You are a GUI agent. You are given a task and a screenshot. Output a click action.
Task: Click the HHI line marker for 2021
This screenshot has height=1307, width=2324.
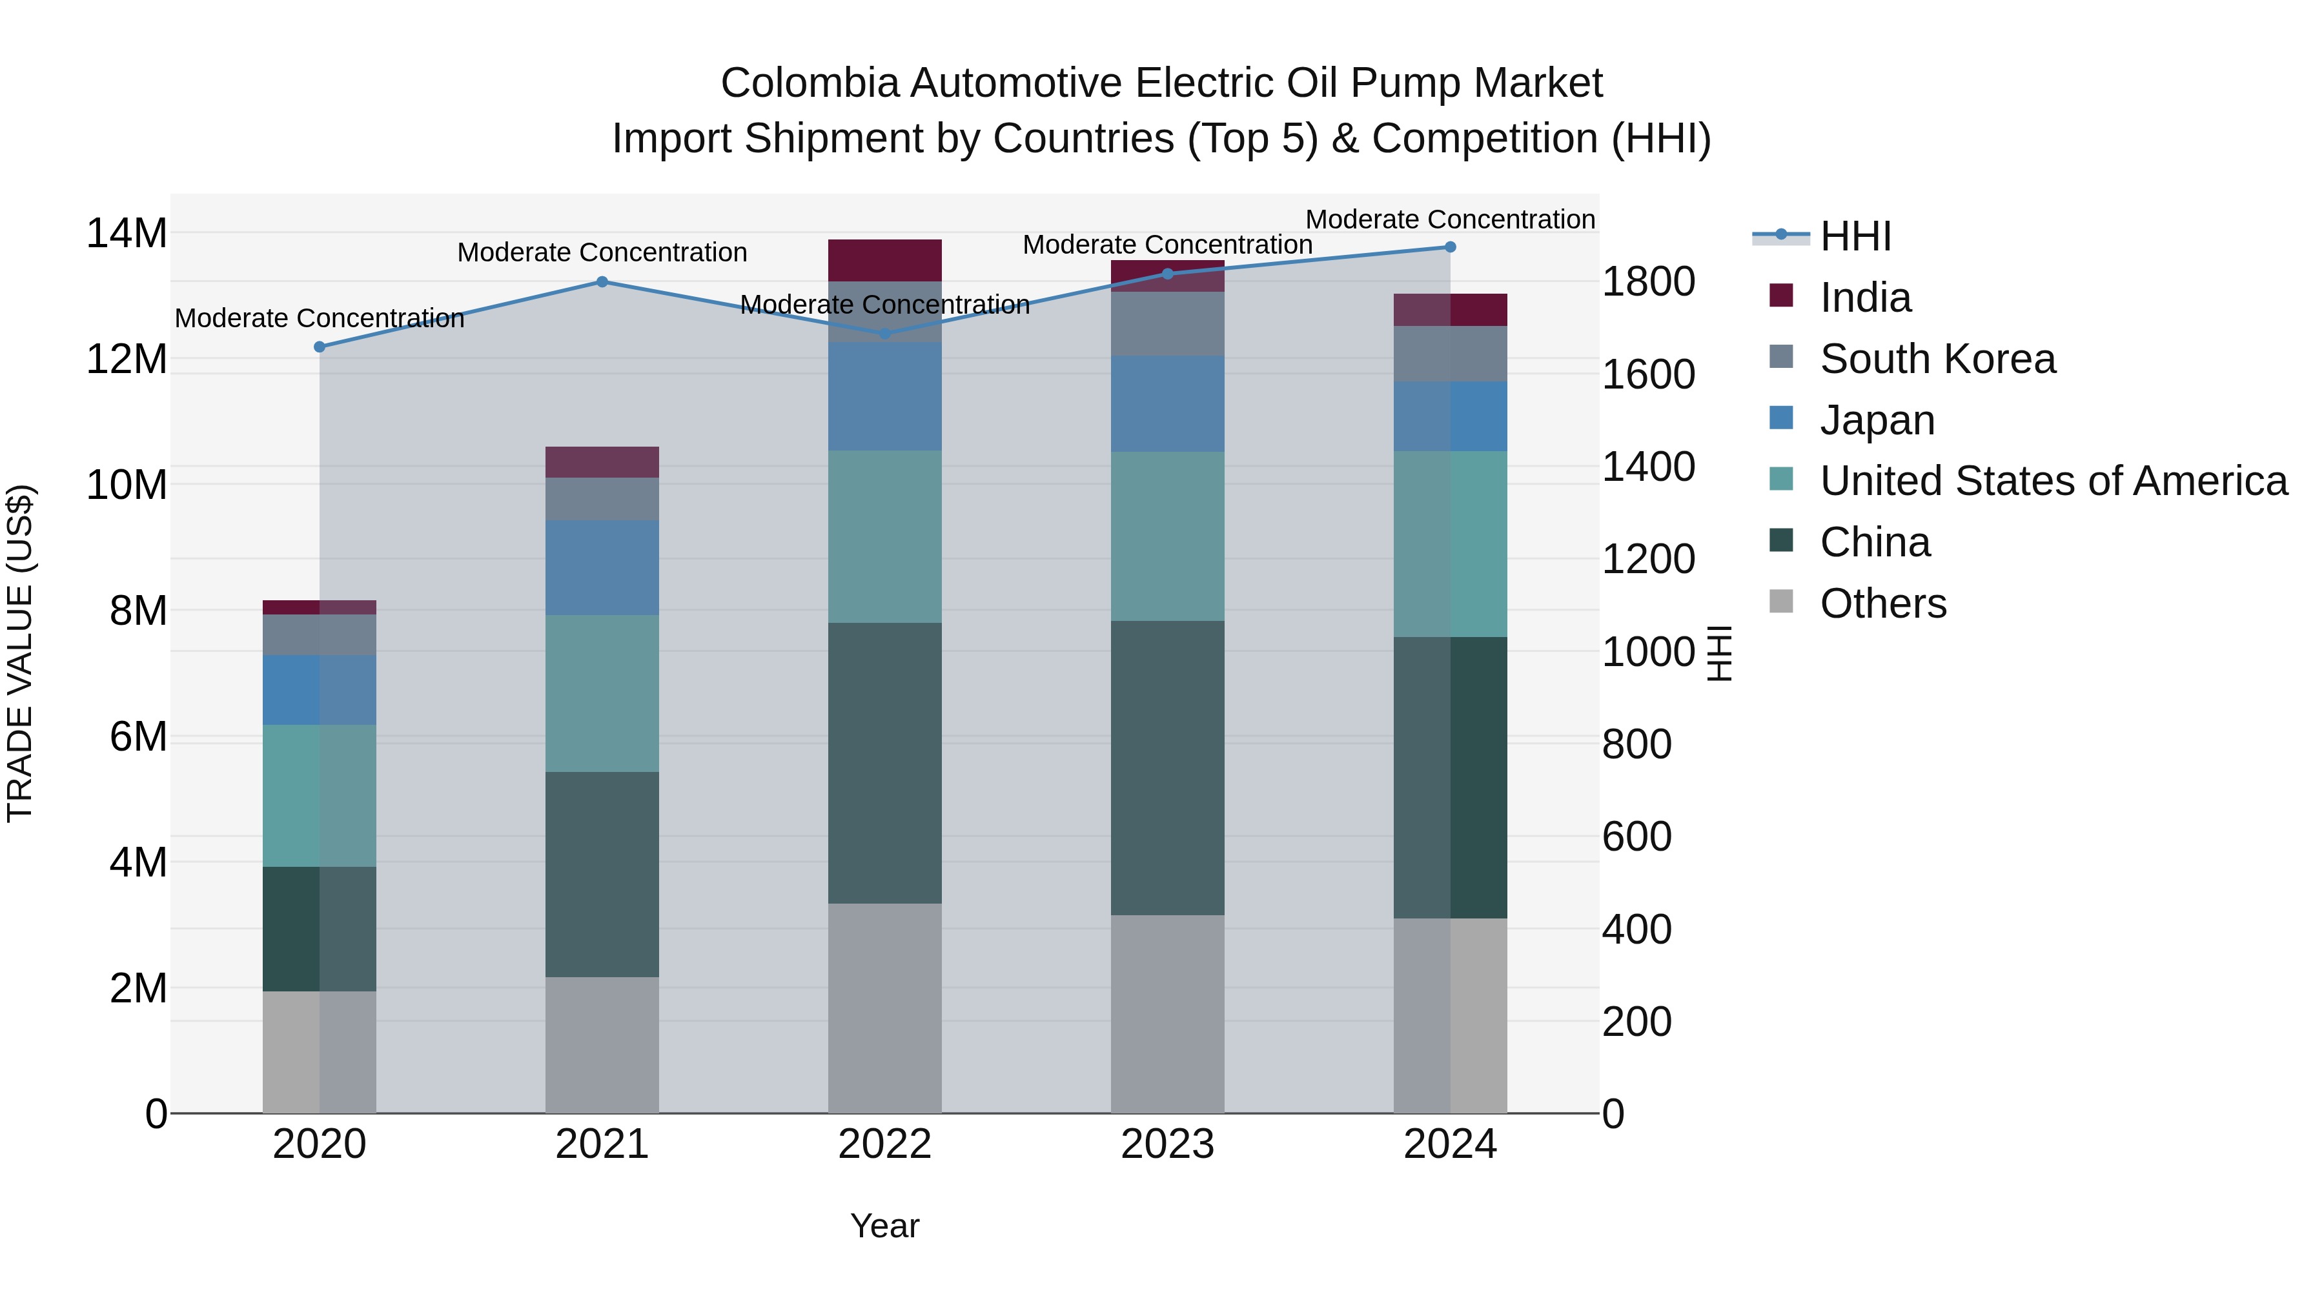602,281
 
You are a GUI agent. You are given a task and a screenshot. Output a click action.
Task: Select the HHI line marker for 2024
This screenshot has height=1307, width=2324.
1450,247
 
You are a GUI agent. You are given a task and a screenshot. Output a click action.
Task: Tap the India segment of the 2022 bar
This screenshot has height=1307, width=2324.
884,261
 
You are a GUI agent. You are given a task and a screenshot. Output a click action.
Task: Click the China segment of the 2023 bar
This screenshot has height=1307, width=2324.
1167,767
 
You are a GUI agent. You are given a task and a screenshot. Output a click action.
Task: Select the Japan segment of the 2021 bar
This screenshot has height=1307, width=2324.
602,567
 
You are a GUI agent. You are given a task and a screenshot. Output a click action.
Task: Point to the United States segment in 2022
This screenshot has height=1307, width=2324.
884,537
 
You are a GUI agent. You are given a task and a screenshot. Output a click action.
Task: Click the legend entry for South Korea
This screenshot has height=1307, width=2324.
1937,359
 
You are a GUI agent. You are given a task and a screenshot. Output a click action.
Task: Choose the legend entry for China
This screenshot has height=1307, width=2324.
1875,542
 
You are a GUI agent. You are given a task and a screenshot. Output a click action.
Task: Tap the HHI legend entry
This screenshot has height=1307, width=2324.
1854,236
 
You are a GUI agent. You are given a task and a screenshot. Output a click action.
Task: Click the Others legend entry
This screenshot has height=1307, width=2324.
1883,603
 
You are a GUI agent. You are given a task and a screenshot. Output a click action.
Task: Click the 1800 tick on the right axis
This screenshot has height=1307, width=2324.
1647,281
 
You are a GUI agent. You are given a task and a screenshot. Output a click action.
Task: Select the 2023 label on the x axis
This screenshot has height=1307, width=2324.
1167,1144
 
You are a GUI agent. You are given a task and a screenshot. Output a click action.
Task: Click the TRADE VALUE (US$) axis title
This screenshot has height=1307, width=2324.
20,653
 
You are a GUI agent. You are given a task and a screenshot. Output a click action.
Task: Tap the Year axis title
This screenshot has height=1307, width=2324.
884,1226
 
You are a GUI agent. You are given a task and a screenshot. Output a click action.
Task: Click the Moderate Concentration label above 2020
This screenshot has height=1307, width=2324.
320,318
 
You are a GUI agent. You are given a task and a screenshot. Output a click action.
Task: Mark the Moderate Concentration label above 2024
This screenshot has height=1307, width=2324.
1450,219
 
